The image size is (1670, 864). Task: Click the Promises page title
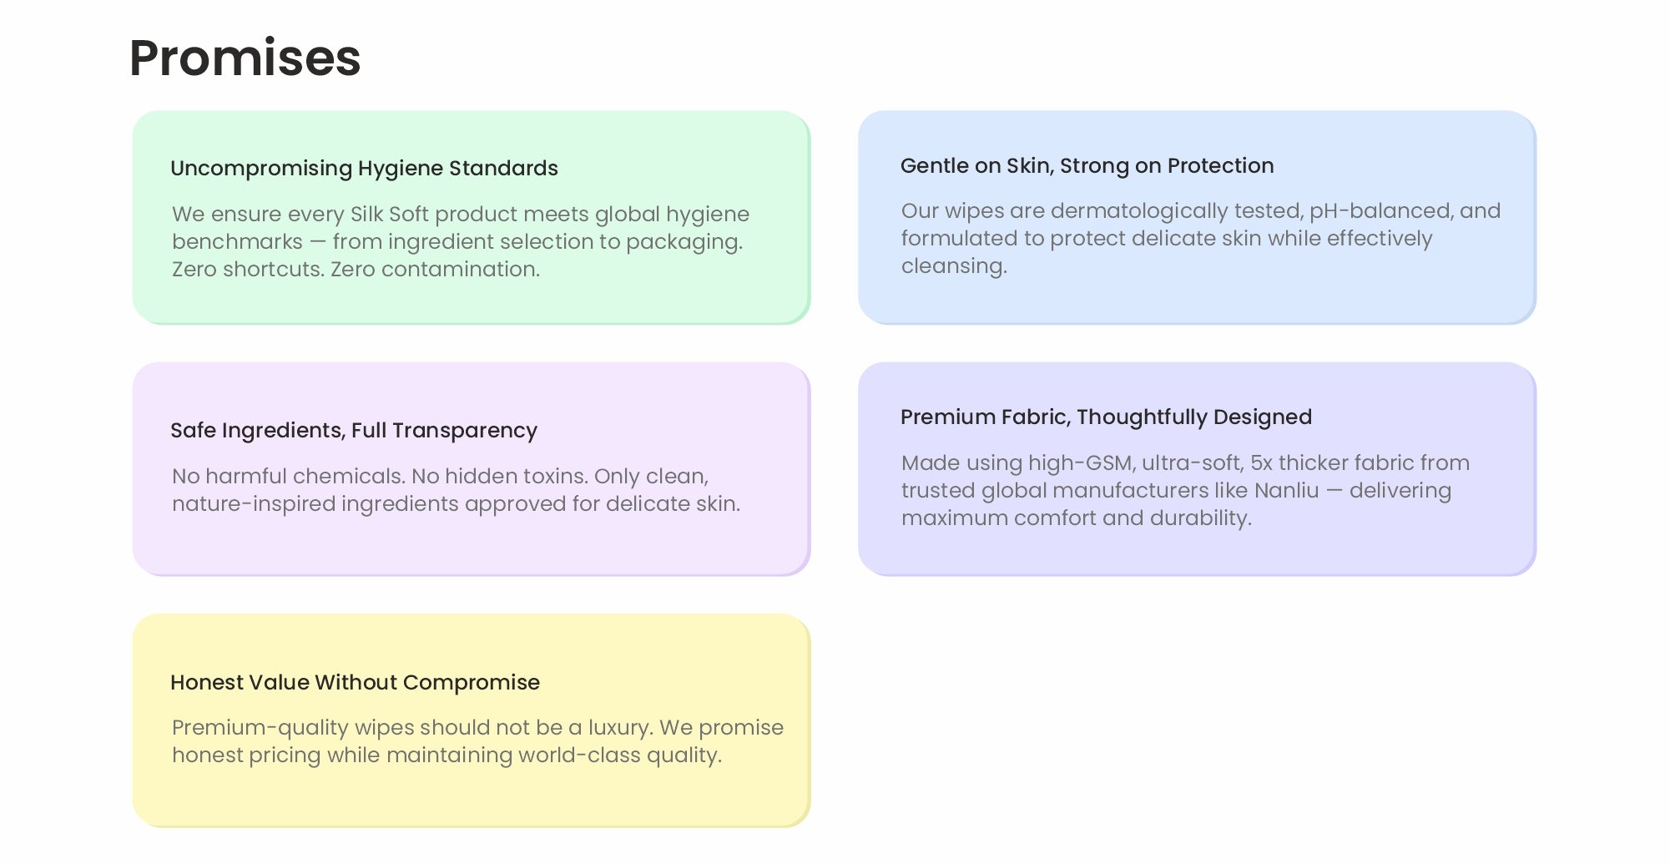click(245, 58)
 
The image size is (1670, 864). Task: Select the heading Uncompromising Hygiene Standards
click(364, 169)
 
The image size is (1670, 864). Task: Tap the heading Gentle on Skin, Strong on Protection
click(1087, 166)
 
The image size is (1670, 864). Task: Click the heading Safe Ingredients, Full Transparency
click(354, 431)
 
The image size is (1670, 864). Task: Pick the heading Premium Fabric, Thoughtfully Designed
click(1106, 417)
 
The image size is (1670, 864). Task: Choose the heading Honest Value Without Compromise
click(355, 683)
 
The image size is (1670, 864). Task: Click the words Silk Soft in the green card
click(389, 214)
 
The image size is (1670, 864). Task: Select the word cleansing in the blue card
click(954, 266)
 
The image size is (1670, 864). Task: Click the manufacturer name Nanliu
click(1286, 490)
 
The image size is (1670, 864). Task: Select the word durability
click(1201, 518)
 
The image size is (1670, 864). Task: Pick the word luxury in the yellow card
click(619, 728)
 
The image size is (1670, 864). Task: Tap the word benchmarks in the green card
click(237, 241)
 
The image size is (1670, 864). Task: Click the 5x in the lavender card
click(1261, 462)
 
